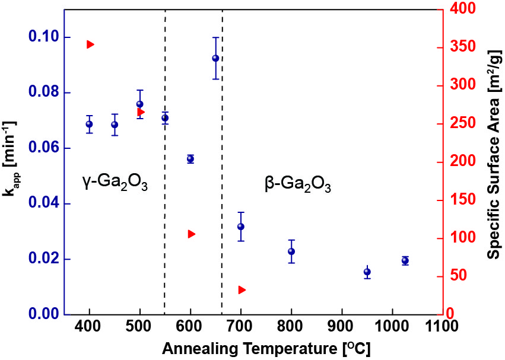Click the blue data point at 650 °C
click(215, 58)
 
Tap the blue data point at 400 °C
click(89, 124)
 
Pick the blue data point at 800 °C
click(291, 251)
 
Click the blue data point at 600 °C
click(190, 159)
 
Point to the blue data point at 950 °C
click(367, 272)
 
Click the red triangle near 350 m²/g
click(90, 44)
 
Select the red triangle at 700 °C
click(242, 290)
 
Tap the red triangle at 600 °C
click(191, 234)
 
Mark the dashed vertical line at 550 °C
click(164, 178)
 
